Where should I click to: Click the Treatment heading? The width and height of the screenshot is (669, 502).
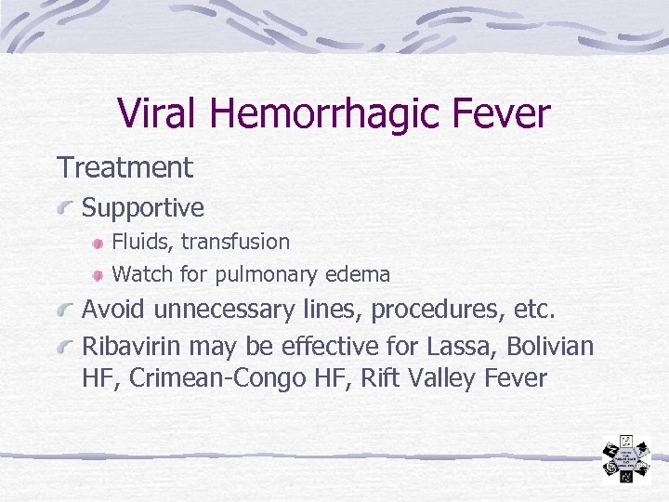tap(125, 168)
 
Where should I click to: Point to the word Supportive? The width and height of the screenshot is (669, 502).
tap(143, 208)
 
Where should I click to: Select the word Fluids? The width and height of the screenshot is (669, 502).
tap(142, 242)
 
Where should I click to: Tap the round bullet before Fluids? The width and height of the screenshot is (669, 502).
tap(98, 244)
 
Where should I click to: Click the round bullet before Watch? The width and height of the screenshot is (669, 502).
tap(98, 276)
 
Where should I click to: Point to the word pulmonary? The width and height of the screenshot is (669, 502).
tap(268, 275)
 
